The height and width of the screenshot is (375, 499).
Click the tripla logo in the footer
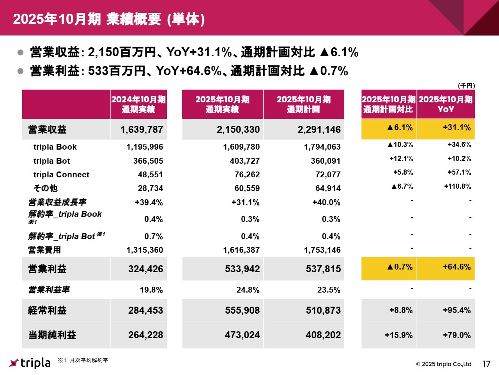click(x=30, y=363)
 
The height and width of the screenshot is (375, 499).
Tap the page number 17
click(x=486, y=364)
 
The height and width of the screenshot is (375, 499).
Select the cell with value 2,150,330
click(x=238, y=130)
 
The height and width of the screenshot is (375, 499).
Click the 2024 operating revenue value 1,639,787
click(x=142, y=130)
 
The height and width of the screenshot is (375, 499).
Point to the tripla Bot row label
click(x=51, y=161)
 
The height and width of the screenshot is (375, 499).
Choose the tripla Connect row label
click(x=61, y=175)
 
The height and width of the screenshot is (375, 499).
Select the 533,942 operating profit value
click(x=242, y=269)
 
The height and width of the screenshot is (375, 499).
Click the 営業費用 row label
click(x=44, y=250)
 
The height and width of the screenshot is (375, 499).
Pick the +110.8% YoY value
click(x=457, y=186)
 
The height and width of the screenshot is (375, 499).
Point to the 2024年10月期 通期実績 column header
click(x=138, y=104)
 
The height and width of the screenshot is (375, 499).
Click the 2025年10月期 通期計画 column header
click(x=304, y=104)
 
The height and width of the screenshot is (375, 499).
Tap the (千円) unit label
click(x=466, y=86)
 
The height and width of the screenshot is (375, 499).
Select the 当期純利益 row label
click(x=52, y=335)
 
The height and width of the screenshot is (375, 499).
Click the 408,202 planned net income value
click(x=323, y=335)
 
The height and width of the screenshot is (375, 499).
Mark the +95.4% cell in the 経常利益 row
click(x=457, y=311)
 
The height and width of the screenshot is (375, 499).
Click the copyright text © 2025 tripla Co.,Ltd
click(x=444, y=364)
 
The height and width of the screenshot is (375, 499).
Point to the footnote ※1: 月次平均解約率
click(x=83, y=360)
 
